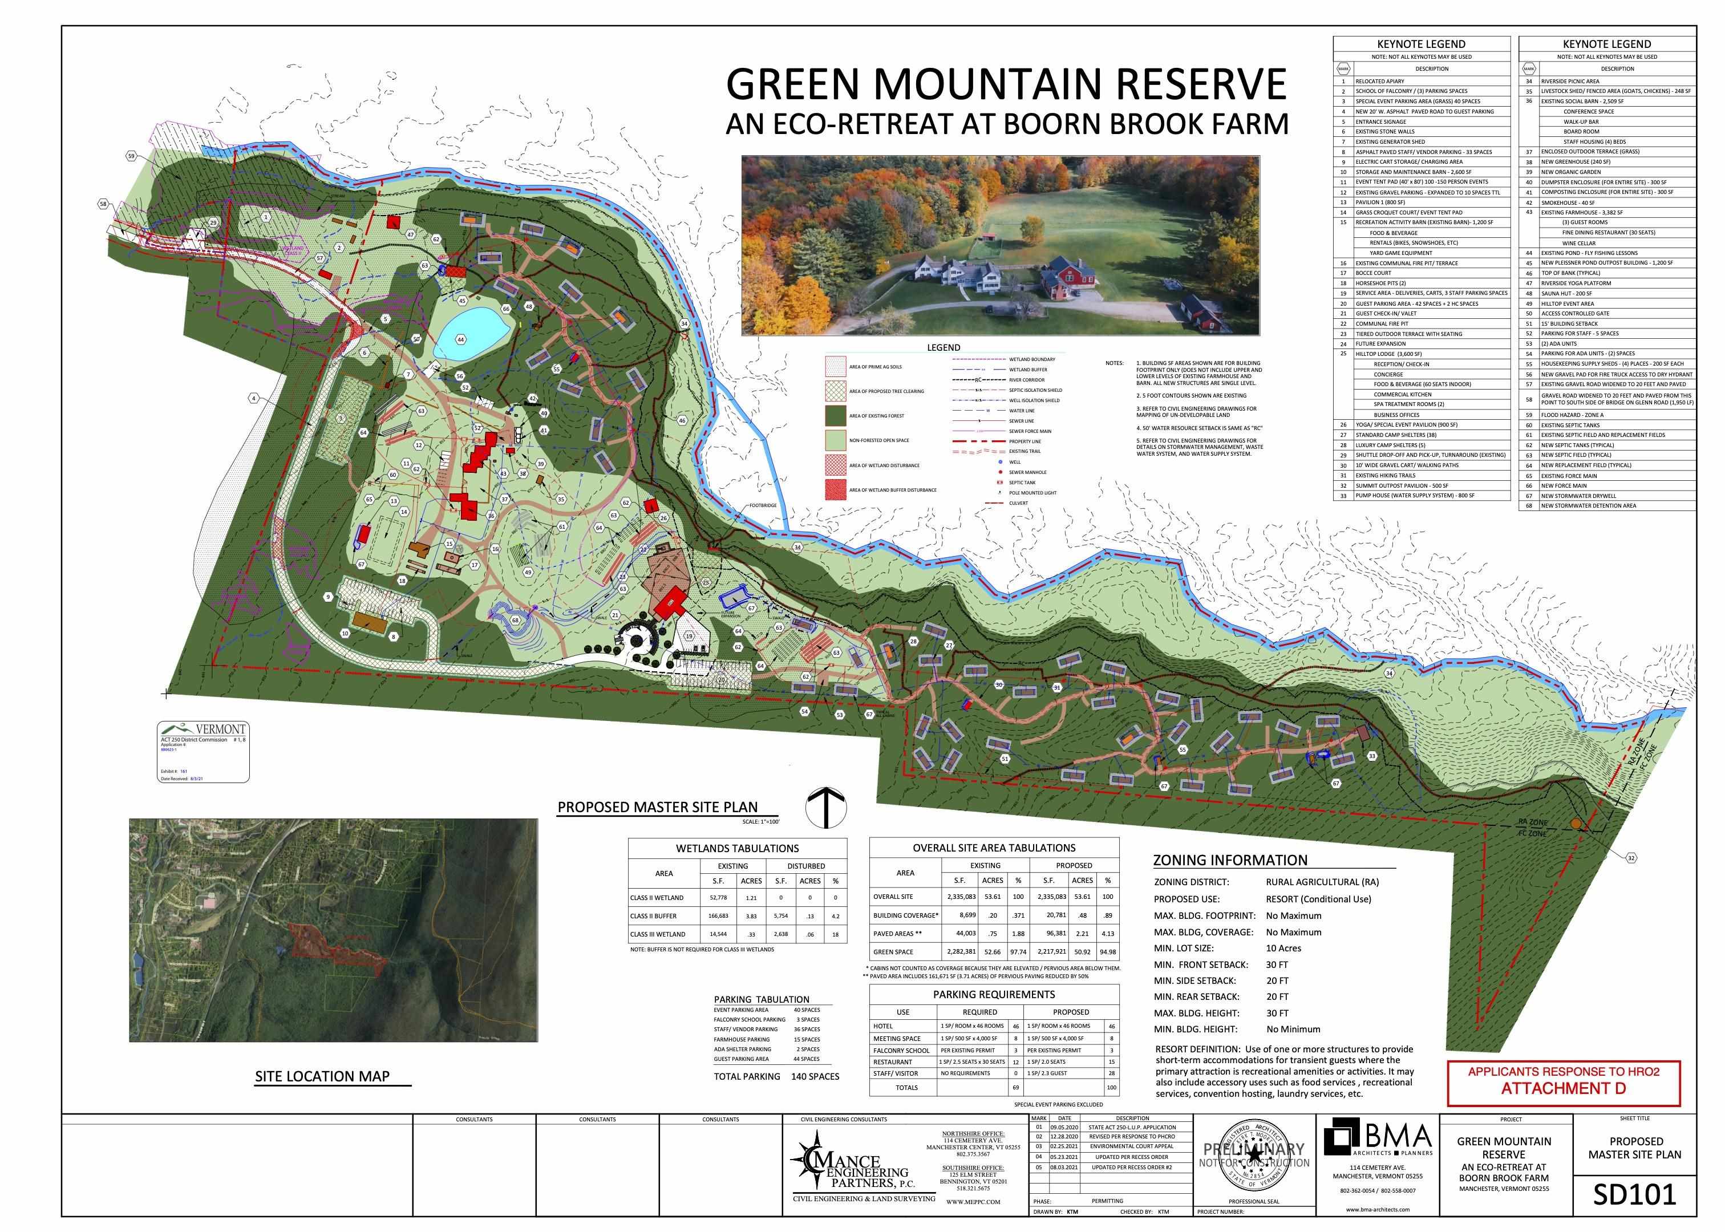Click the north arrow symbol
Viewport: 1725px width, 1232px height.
tap(825, 808)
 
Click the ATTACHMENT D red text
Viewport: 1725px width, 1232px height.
tap(1564, 1088)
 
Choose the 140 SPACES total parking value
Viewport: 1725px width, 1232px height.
tap(816, 1076)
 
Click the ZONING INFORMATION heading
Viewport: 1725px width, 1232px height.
tap(1230, 860)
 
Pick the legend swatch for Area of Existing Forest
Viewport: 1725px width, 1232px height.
tap(835, 416)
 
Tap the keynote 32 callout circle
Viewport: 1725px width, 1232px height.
tap(1631, 858)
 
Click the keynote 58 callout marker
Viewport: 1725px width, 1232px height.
tap(103, 203)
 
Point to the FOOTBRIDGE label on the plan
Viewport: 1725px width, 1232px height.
tap(764, 505)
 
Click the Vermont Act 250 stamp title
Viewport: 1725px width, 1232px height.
tap(220, 729)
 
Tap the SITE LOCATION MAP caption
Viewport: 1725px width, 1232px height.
tap(322, 1076)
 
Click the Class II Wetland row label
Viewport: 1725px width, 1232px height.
tap(657, 897)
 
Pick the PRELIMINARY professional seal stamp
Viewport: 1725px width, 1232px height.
tap(1253, 1156)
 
